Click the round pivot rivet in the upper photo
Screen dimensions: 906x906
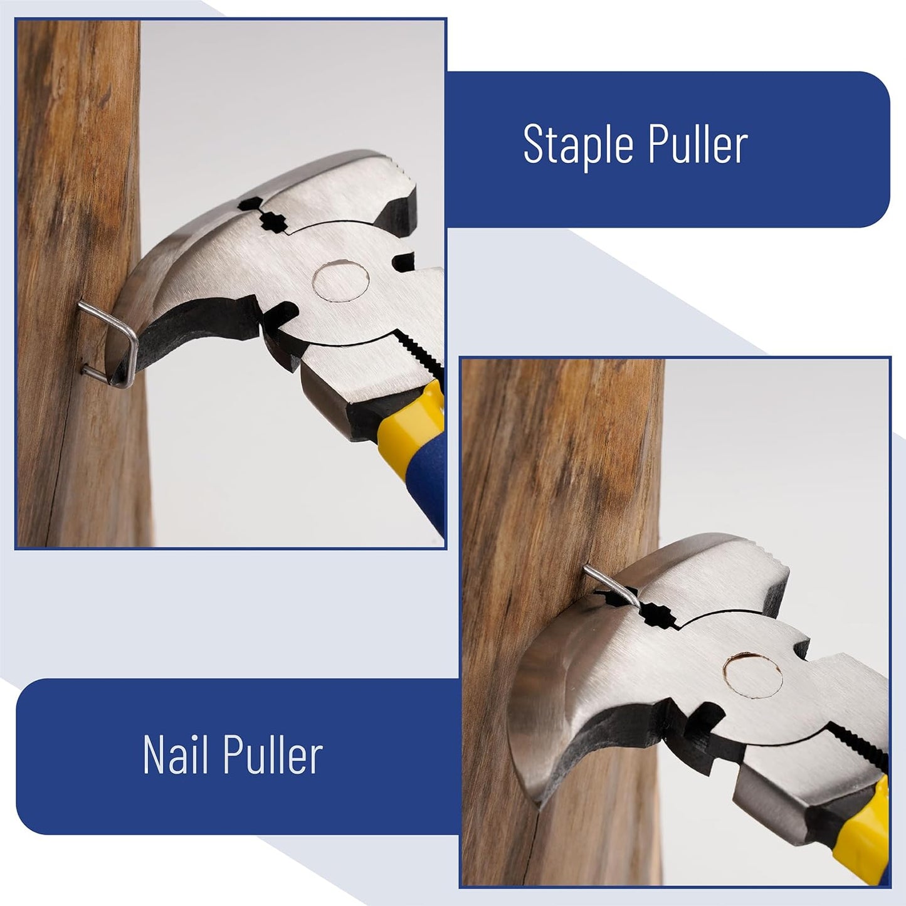[341, 282]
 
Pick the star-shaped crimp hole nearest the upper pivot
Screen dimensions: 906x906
[272, 223]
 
